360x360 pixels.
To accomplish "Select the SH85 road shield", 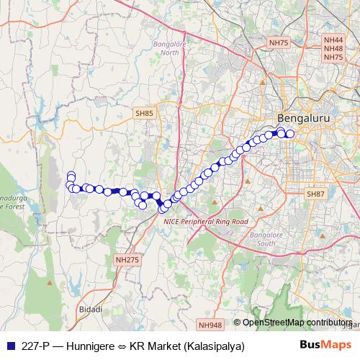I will (143, 113).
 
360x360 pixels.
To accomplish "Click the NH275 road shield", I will (127, 258).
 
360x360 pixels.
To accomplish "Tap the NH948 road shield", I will (212, 325).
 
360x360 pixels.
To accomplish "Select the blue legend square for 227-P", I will (9, 346).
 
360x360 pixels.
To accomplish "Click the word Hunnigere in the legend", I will (83, 346).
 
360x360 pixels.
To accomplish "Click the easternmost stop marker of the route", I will (290, 134).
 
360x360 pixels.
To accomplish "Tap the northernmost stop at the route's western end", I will (71, 175).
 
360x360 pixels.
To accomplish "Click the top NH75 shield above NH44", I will (279, 43).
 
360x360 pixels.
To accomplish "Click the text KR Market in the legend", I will (153, 346).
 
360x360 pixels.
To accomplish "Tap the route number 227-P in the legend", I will (32, 346).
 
